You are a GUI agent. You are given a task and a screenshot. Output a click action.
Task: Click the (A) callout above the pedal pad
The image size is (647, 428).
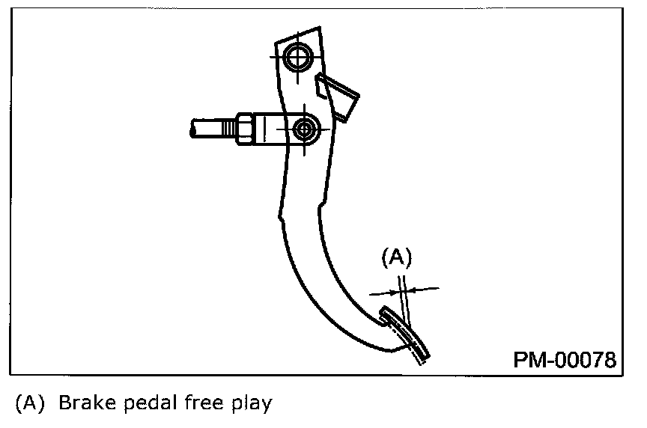[398, 257]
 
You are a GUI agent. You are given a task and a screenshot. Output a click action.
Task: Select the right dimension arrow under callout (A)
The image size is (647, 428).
[423, 288]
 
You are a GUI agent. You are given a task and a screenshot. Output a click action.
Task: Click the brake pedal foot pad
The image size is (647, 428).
[406, 334]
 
